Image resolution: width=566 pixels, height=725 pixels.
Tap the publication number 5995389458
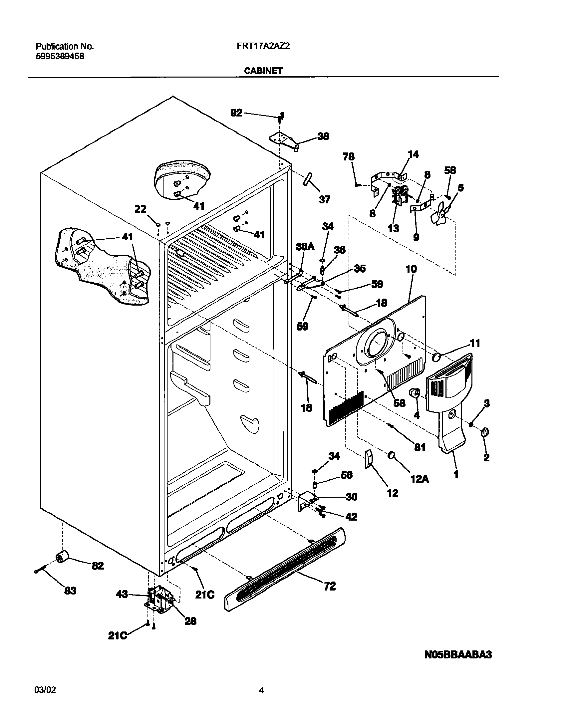pyautogui.click(x=60, y=56)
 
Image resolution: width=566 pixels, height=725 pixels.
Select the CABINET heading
pyautogui.click(x=263, y=71)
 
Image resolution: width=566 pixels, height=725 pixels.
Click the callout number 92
pyautogui.click(x=236, y=113)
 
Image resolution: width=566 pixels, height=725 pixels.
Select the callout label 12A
pyautogui.click(x=420, y=479)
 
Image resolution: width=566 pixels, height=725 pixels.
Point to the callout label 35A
pyautogui.click(x=305, y=246)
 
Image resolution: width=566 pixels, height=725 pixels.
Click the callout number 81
pyautogui.click(x=420, y=447)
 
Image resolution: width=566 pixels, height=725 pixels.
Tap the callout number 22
pyautogui.click(x=140, y=209)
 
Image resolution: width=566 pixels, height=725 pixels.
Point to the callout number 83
pyautogui.click(x=70, y=591)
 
